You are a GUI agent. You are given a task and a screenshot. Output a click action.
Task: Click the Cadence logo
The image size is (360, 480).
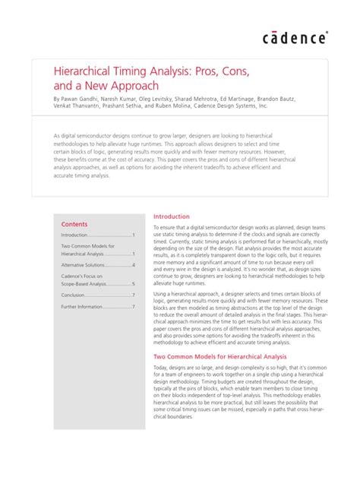point(295,38)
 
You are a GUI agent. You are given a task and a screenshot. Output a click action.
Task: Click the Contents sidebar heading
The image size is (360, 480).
point(74,225)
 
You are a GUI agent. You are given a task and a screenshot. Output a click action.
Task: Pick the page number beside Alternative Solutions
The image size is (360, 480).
point(133,265)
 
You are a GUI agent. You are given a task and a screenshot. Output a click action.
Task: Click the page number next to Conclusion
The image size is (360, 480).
point(133,295)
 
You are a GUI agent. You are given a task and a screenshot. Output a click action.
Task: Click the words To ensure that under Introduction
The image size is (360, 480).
point(172,227)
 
